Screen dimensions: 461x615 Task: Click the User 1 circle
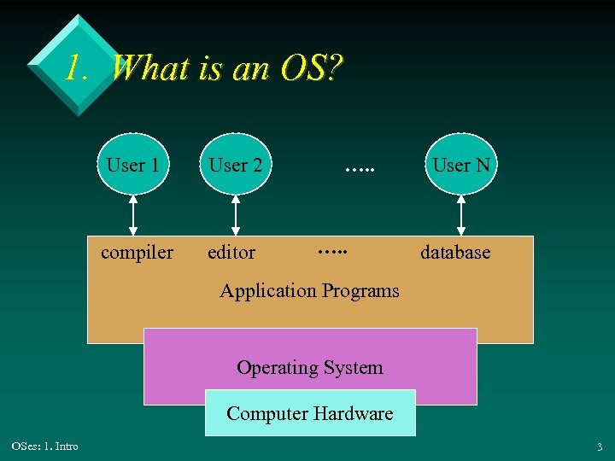point(132,165)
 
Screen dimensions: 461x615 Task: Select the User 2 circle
point(236,165)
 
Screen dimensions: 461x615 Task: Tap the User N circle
point(461,165)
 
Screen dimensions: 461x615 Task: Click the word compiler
point(137,253)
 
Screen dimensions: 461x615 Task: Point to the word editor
point(231,253)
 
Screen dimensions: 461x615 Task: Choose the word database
point(455,253)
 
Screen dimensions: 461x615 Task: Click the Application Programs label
point(309,290)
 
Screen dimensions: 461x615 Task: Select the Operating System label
point(309,368)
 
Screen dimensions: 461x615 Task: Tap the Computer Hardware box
point(309,413)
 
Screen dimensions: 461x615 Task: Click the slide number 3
point(600,446)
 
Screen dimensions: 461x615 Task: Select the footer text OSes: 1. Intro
point(44,446)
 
